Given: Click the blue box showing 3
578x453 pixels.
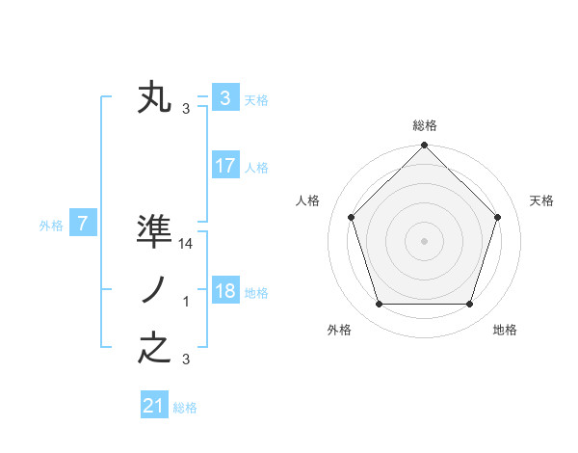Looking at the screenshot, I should pyautogui.click(x=224, y=98).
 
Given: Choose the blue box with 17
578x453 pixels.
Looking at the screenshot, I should pyautogui.click(x=224, y=166).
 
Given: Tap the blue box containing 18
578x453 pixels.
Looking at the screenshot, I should pyautogui.click(x=224, y=291).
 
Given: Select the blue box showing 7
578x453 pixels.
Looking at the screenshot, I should pyautogui.click(x=83, y=225).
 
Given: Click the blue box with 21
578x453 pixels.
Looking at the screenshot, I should pyautogui.click(x=154, y=406).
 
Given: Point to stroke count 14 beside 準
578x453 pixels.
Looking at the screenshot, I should pyautogui.click(x=187, y=245).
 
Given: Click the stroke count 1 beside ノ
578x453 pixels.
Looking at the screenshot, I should pyautogui.click(x=186, y=303).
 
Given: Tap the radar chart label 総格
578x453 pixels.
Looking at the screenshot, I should pyautogui.click(x=424, y=125).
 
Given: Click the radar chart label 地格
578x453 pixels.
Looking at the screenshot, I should pyautogui.click(x=505, y=330).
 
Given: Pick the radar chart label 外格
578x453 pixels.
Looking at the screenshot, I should pyautogui.click(x=339, y=330).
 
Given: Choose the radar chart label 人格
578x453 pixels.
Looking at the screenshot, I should pyautogui.click(x=307, y=200).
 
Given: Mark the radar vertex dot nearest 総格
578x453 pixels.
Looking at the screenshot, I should pyautogui.click(x=424, y=147).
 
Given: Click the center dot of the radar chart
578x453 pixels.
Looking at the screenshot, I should pyautogui.click(x=424, y=241).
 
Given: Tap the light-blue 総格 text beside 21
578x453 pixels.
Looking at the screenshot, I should pyautogui.click(x=185, y=408).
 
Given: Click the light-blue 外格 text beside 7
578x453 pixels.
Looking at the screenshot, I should pyautogui.click(x=51, y=226).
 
